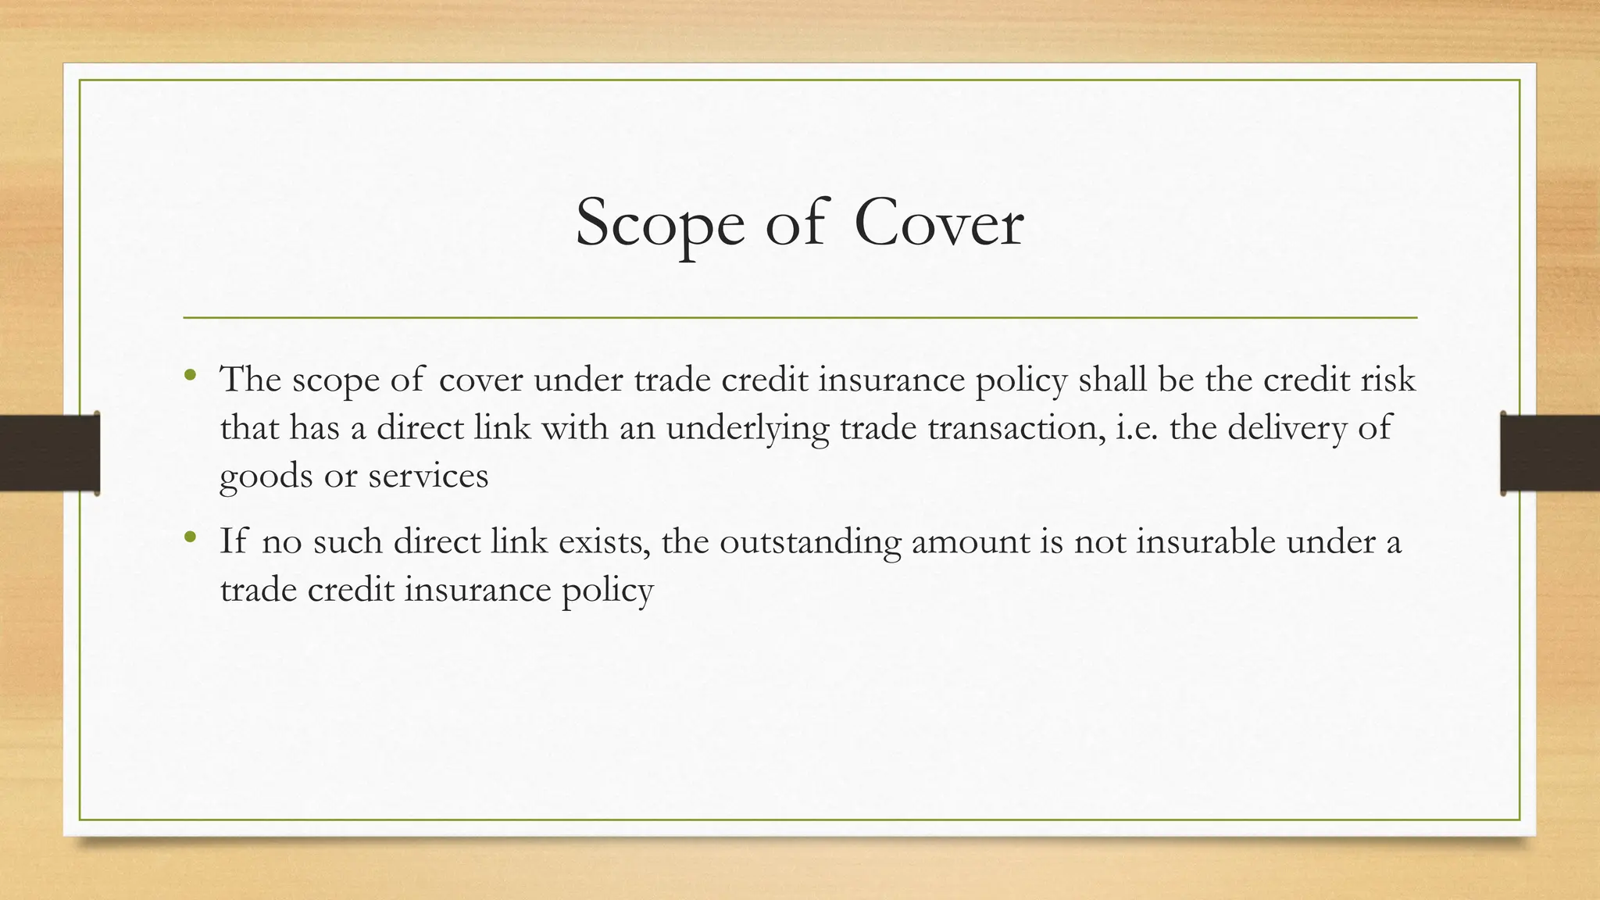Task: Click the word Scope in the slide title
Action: point(659,225)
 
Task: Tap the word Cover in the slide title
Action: point(938,223)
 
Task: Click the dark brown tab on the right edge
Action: point(1550,453)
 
